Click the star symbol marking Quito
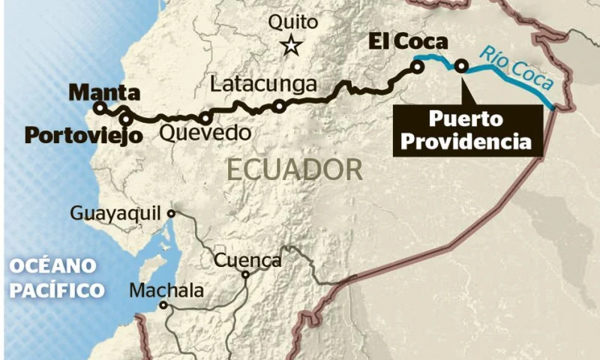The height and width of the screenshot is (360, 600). (x=291, y=46)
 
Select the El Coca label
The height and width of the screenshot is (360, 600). (x=408, y=42)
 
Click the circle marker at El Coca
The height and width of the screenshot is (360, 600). (x=416, y=67)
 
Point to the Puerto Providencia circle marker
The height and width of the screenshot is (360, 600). (x=460, y=67)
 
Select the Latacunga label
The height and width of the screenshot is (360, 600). (x=263, y=84)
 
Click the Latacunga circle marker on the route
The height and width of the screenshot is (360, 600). (x=278, y=106)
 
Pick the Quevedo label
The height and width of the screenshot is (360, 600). (x=203, y=134)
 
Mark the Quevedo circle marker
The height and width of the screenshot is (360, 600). (x=205, y=118)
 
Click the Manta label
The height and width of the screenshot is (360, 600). (x=104, y=93)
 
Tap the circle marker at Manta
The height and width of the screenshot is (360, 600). (x=99, y=108)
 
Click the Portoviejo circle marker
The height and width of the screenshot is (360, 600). (x=126, y=118)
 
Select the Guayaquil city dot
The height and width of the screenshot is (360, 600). (x=171, y=213)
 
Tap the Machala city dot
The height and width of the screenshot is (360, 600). (x=163, y=305)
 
